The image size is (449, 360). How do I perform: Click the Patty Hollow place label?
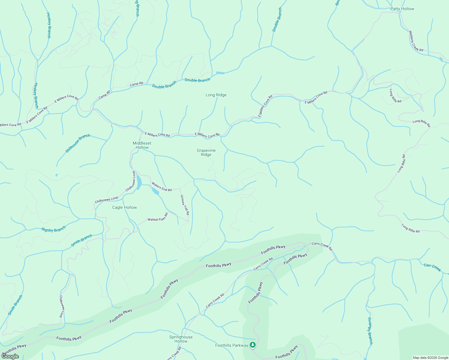click(402, 9)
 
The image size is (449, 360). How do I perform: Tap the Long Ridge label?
click(216, 95)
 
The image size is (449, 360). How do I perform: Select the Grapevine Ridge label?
click(206, 152)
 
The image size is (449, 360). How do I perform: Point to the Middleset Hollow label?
click(142, 145)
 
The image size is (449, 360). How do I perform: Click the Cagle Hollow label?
click(125, 208)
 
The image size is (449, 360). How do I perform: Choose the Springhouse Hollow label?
click(181, 339)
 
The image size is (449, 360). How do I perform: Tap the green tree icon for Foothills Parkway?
click(253, 345)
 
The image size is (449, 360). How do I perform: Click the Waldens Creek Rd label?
click(416, 41)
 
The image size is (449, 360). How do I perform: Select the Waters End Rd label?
click(161, 187)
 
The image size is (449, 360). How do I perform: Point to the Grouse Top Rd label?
click(185, 205)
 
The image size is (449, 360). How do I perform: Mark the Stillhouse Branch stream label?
click(78, 143)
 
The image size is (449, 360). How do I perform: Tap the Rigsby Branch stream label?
click(54, 229)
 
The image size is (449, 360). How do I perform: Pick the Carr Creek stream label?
click(432, 267)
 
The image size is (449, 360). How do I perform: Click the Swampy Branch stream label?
click(370, 331)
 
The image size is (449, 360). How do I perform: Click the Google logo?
click(10, 356)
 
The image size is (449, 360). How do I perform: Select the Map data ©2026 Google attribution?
click(430, 358)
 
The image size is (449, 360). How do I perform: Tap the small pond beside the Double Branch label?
click(220, 73)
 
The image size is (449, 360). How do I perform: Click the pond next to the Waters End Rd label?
click(155, 192)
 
